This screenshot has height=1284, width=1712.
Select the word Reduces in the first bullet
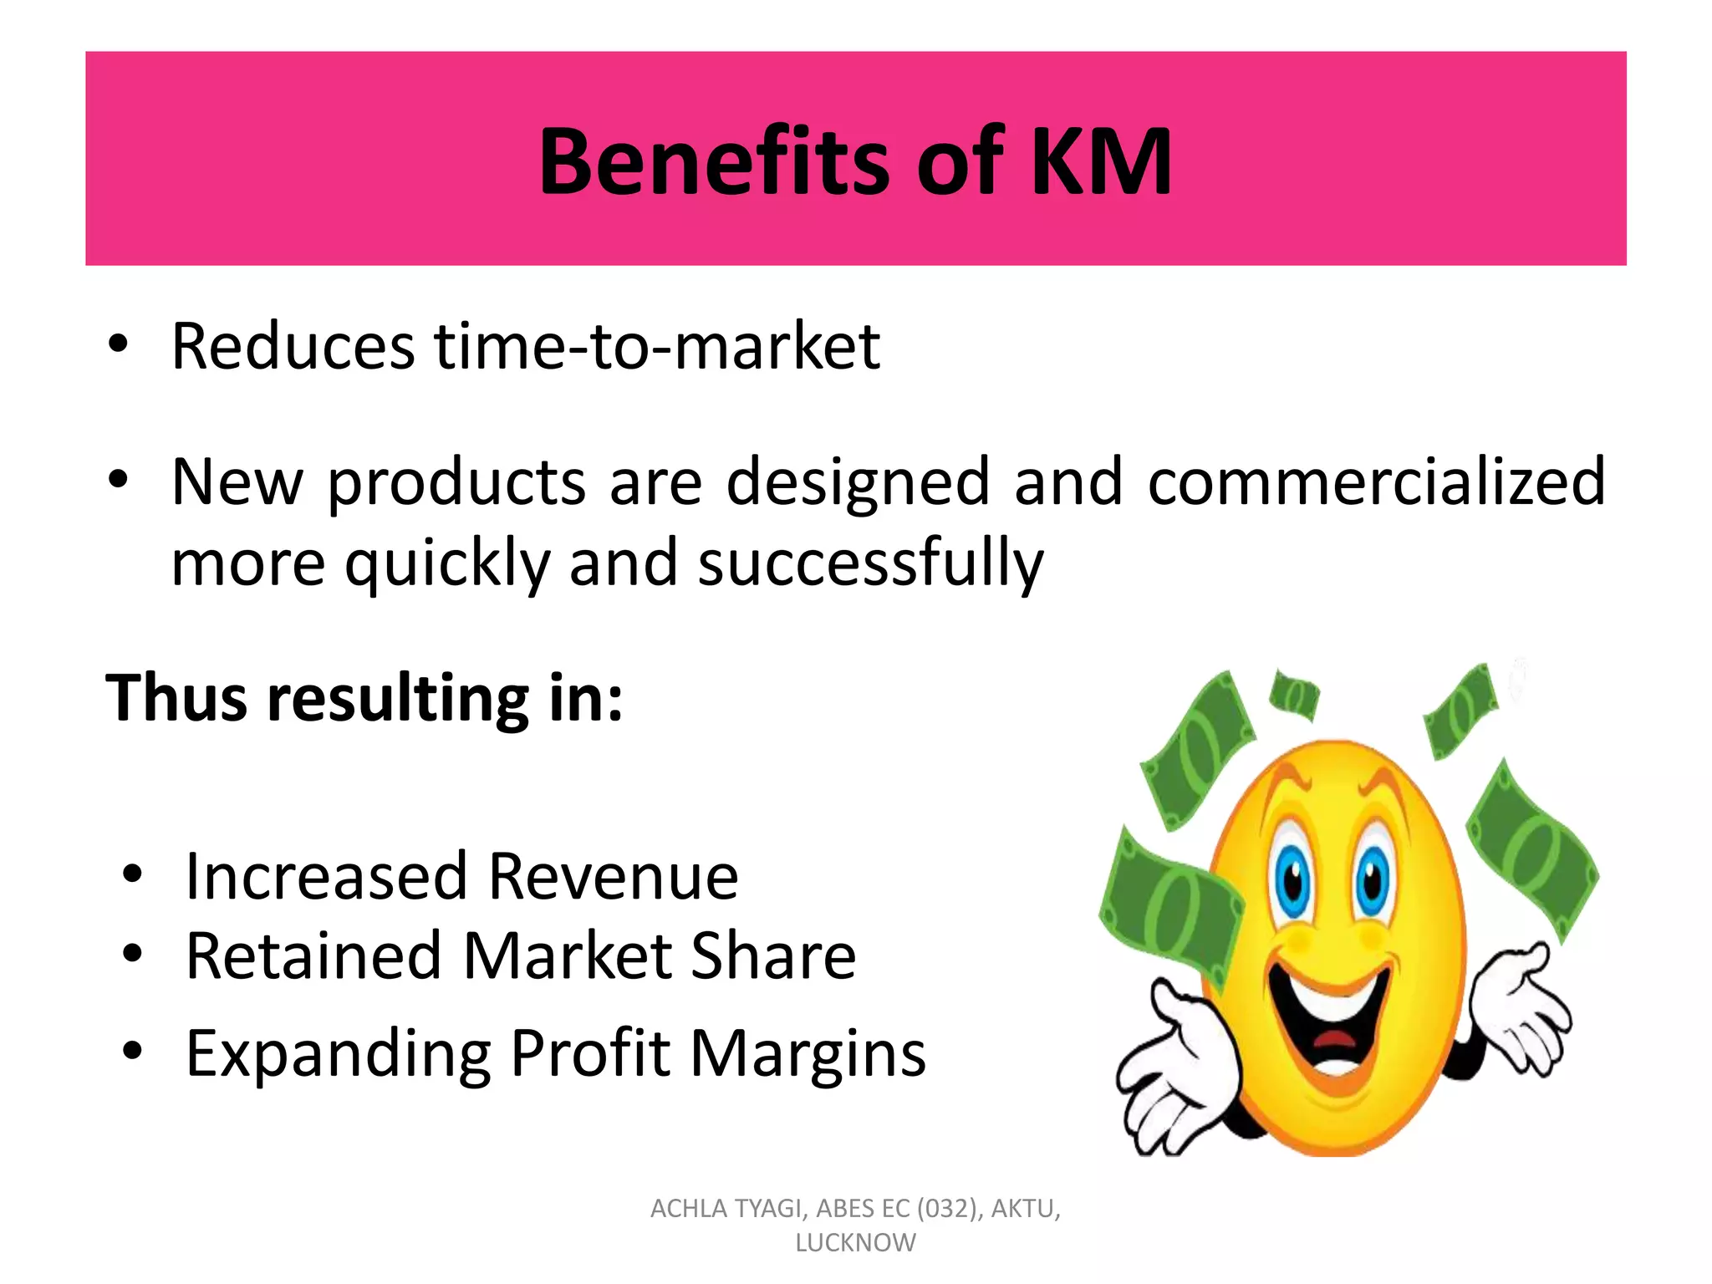point(293,346)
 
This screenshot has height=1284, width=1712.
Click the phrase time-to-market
point(657,346)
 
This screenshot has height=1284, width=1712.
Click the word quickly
point(447,563)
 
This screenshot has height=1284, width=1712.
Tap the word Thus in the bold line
point(176,697)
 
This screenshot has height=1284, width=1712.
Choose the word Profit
point(590,1053)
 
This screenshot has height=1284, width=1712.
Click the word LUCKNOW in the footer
point(855,1243)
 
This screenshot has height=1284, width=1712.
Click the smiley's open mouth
point(1329,1016)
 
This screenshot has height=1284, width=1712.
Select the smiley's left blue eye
point(1292,882)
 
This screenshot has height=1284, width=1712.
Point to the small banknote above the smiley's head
point(1294,695)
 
